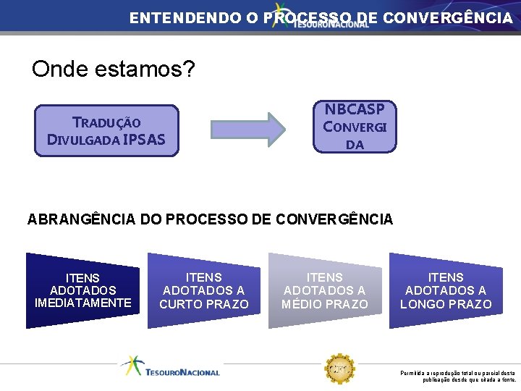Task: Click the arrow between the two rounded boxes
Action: point(248,129)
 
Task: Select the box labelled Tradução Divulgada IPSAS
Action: point(106,131)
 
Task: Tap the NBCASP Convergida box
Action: point(355,127)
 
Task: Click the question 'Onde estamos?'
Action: point(114,70)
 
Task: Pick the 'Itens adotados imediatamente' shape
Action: point(82,290)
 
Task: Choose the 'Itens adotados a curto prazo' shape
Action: point(204,290)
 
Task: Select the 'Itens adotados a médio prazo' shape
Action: point(325,290)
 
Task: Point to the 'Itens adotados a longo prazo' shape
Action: point(446,290)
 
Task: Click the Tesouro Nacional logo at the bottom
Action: point(171,367)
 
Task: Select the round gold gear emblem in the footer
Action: point(339,369)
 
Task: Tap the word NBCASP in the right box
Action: point(355,110)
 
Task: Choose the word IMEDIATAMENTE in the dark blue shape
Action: point(83,303)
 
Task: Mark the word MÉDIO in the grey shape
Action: point(303,304)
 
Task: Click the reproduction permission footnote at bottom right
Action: point(458,376)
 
